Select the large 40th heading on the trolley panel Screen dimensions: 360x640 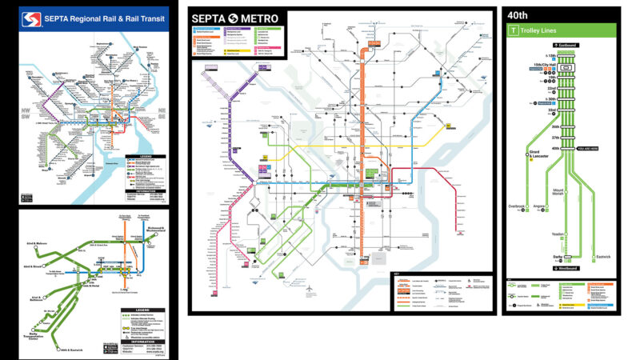518,15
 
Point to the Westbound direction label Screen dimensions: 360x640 566,266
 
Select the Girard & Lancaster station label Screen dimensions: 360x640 538,154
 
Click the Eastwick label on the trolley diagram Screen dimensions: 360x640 604,257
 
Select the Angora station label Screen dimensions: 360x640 539,206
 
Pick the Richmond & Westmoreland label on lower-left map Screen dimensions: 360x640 157,230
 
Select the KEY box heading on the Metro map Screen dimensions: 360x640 397,276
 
